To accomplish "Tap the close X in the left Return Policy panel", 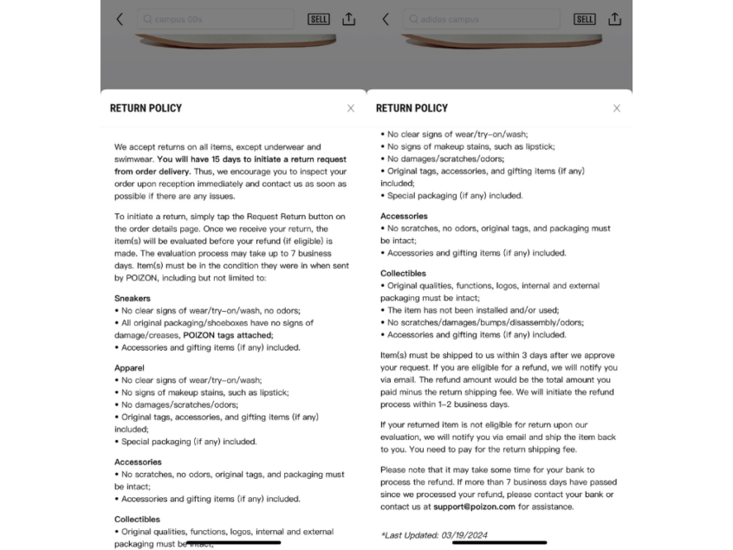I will click(350, 108).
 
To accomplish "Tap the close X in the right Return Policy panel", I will click(616, 108).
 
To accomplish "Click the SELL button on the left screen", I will click(319, 19).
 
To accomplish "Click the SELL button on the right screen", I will click(585, 19).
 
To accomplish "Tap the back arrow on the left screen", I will click(120, 19).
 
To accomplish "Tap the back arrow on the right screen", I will click(386, 19).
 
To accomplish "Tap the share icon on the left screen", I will click(348, 19).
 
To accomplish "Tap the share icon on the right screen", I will click(614, 19).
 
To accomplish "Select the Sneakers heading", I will click(133, 298).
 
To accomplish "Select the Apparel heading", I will click(129, 367).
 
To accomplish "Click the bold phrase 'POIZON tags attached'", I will click(228, 335).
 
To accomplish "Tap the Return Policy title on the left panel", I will click(146, 108).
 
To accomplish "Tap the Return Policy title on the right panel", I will click(412, 108).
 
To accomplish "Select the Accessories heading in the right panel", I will click(404, 216).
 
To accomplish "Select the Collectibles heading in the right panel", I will click(403, 273).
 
